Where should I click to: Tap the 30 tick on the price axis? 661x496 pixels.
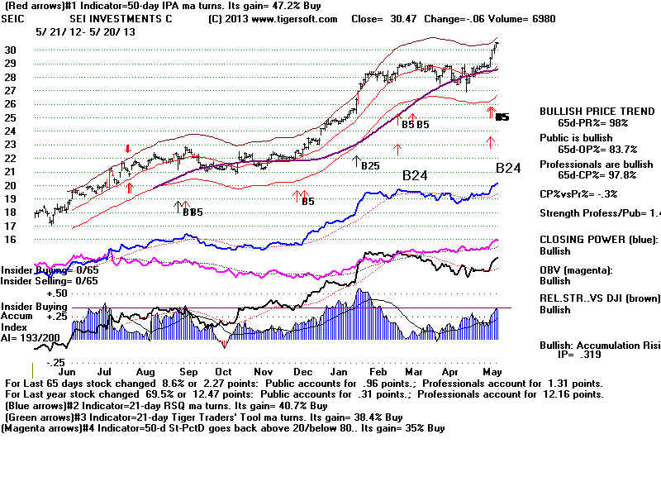pos(11,50)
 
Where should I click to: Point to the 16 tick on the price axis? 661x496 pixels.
pos(11,239)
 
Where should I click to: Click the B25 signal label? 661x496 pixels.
pos(369,165)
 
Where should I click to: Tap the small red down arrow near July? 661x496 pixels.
pos(127,149)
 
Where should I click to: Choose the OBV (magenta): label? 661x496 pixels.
pos(578,269)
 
